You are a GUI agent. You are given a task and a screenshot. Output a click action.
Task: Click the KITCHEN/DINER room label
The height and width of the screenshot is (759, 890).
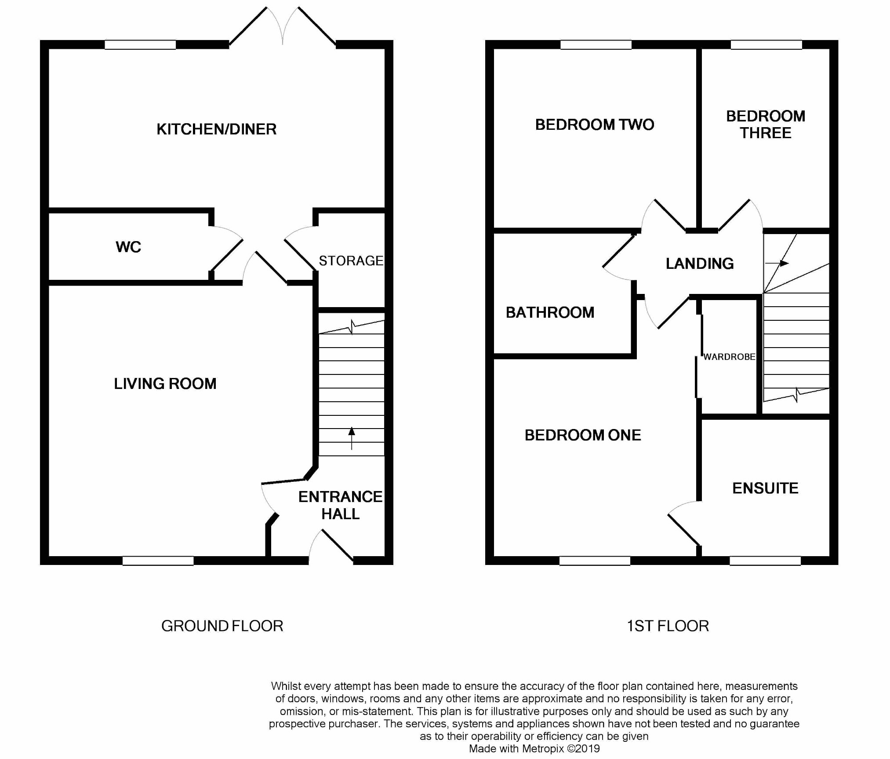pos(216,129)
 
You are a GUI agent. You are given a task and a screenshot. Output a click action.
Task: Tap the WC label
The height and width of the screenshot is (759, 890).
pos(128,247)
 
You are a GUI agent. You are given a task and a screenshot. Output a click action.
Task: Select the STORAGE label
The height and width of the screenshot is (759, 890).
pos(351,261)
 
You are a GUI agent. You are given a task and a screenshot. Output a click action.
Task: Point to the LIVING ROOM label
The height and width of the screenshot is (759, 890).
pos(165,384)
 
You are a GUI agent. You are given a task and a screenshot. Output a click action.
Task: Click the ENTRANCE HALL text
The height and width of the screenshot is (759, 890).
pos(340,505)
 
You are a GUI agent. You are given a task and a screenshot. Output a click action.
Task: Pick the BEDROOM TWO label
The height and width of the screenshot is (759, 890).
pos(594,125)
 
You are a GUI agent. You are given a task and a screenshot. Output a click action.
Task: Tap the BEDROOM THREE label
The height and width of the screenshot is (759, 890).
pos(765,125)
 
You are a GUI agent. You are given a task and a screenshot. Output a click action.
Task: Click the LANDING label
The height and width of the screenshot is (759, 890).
pos(699,264)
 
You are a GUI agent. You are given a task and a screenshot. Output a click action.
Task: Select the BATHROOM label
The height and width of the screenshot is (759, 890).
pos(550,312)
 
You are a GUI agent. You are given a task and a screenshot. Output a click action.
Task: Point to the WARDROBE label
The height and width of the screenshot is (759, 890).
pos(729,357)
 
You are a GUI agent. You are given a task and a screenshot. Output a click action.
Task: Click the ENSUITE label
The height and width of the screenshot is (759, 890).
pos(765,488)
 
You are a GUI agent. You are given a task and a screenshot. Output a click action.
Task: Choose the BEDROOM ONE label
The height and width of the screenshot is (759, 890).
pos(583,435)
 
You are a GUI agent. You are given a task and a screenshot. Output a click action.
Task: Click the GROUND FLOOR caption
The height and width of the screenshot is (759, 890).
pos(222,626)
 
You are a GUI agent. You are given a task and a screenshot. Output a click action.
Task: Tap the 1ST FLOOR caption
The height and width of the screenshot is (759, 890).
pos(668,626)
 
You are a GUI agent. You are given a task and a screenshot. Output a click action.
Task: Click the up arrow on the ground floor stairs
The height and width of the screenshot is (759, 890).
pos(352,438)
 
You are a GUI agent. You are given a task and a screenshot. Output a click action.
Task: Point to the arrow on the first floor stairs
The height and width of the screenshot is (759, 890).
pos(777,263)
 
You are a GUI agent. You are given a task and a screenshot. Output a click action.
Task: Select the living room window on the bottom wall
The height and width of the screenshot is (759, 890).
pos(158,561)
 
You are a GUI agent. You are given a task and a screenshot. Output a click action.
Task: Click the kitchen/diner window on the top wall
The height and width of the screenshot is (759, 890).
pos(140,44)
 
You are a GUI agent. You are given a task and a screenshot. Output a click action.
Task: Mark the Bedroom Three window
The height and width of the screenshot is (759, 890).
pos(766,44)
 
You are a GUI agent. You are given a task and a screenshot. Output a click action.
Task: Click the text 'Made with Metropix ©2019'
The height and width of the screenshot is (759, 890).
pos(534,748)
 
